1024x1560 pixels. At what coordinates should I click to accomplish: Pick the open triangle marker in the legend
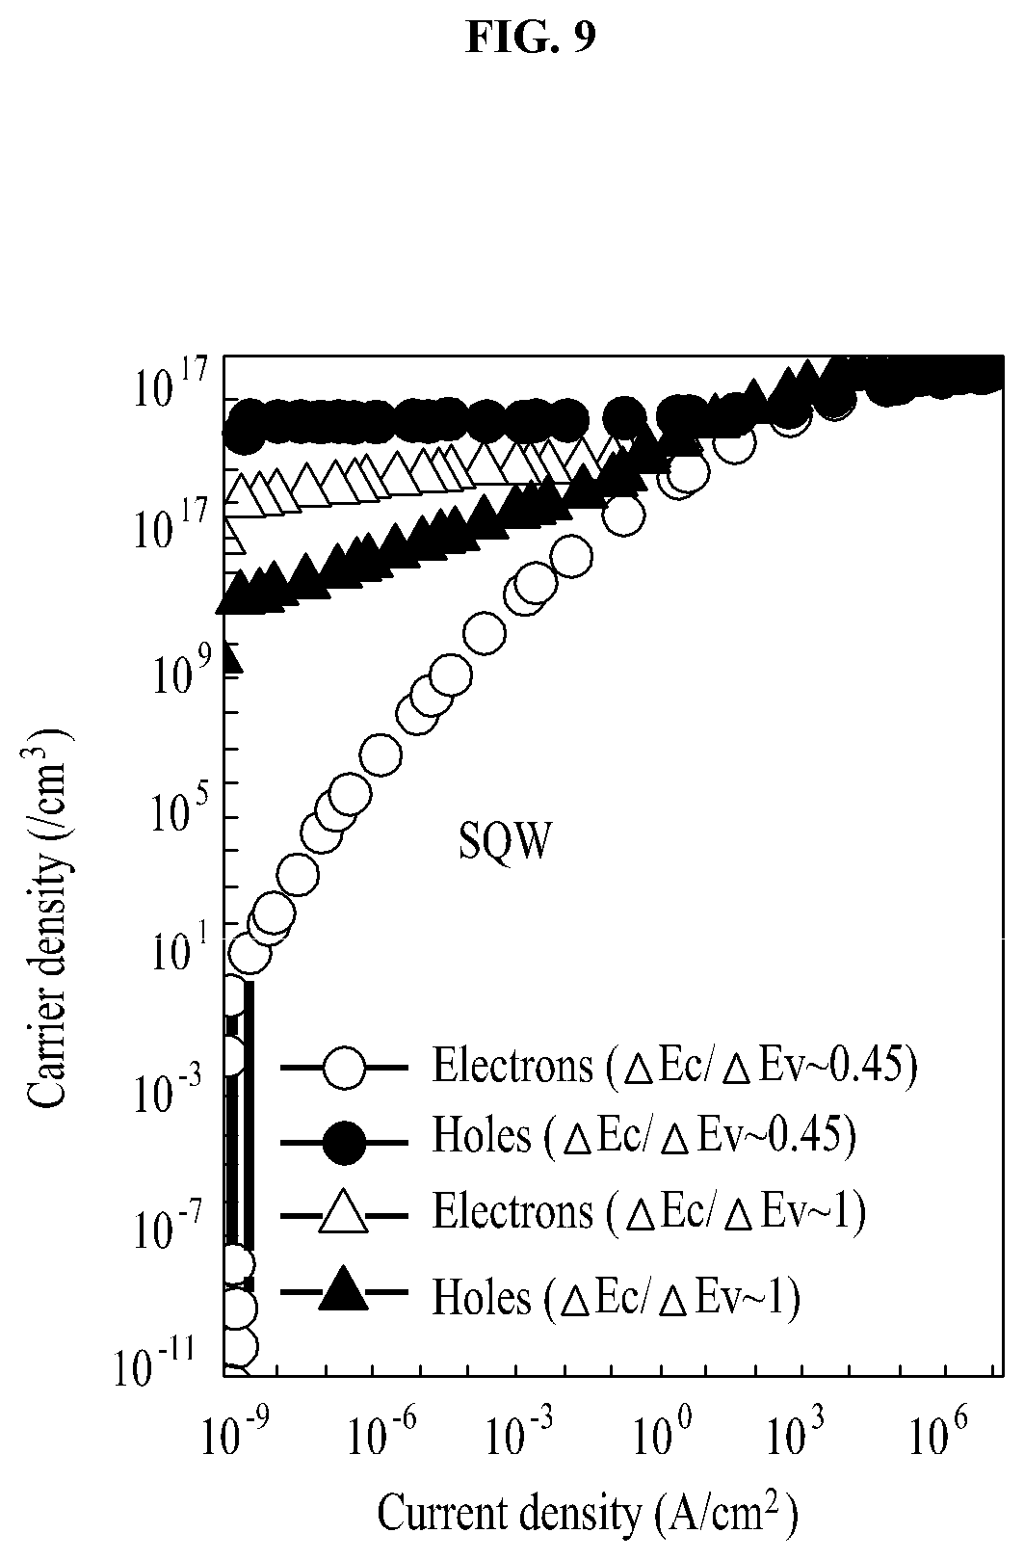coord(343,1214)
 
